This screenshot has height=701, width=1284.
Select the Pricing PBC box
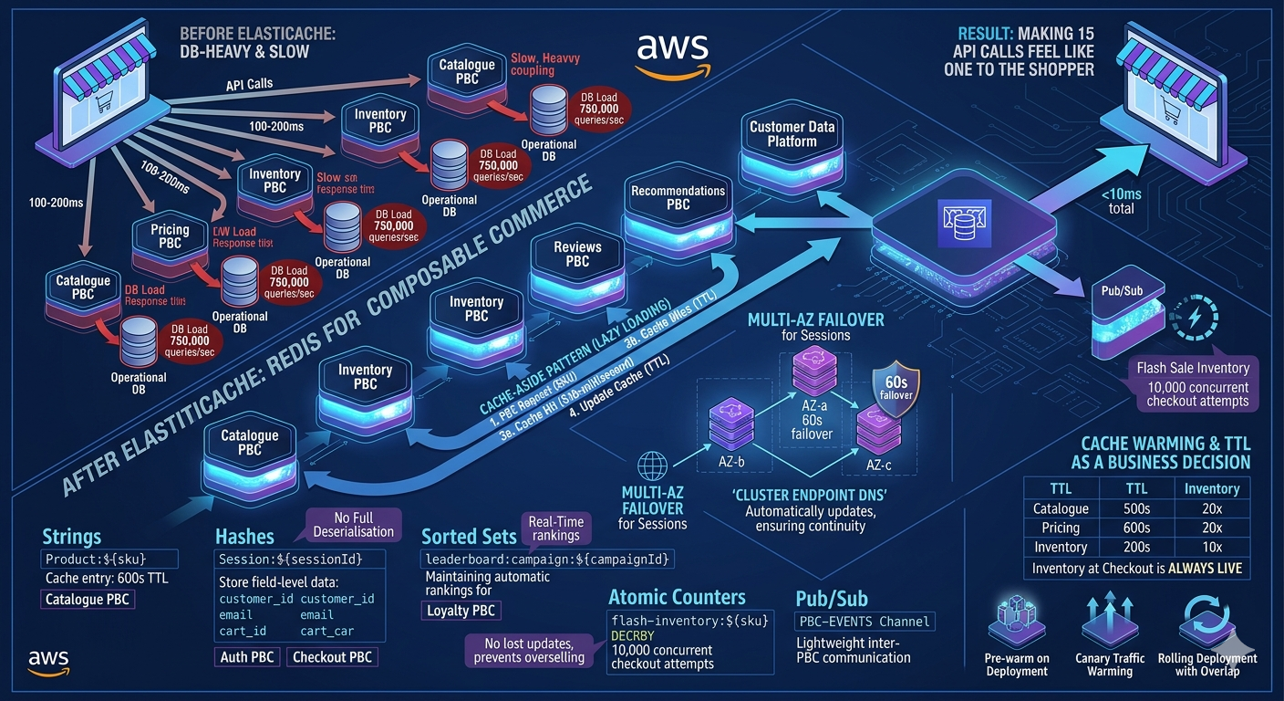pyautogui.click(x=170, y=237)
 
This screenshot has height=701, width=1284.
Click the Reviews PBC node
pyautogui.click(x=577, y=254)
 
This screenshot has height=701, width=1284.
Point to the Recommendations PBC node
pyautogui.click(x=678, y=198)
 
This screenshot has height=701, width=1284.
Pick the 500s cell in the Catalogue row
pyautogui.click(x=1127, y=508)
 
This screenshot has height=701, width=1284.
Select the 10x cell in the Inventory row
pyautogui.click(x=1211, y=547)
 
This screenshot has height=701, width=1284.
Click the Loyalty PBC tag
pyautogui.click(x=461, y=611)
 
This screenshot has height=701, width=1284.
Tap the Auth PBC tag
pyautogui.click(x=246, y=656)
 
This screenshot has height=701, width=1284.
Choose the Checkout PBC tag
pyautogui.click(x=332, y=656)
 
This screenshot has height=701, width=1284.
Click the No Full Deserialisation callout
pyautogui.click(x=354, y=525)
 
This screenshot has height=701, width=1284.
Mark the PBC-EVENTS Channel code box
pyautogui.click(x=865, y=622)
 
